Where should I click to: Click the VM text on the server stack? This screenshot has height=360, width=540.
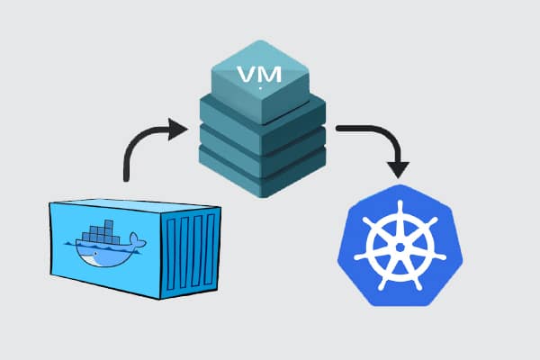click(259, 72)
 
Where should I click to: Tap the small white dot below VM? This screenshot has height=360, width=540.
click(260, 88)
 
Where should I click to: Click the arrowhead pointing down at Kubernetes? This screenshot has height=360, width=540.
click(397, 169)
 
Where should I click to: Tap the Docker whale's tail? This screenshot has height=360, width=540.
click(137, 240)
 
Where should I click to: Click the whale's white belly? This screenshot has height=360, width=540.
click(94, 261)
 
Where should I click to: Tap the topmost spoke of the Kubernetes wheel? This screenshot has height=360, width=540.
click(400, 216)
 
